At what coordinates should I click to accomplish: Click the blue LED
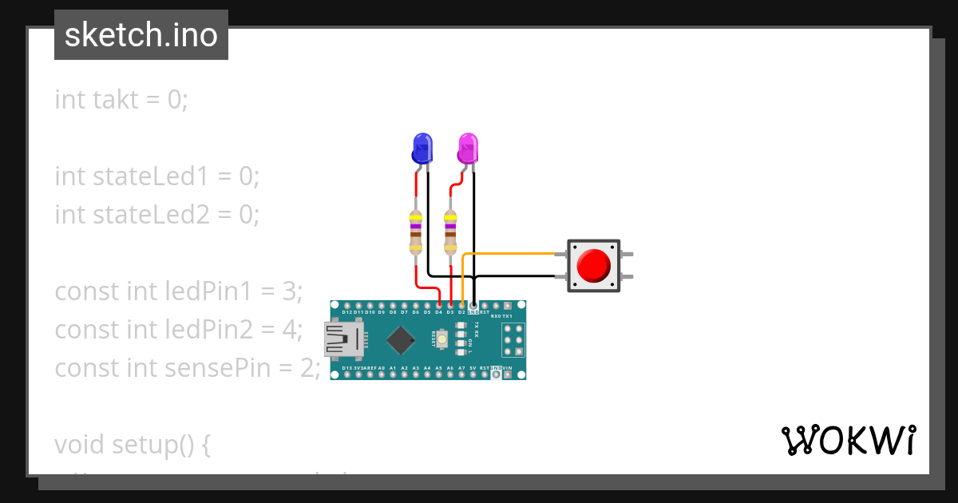(422, 149)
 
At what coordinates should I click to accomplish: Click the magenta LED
(469, 149)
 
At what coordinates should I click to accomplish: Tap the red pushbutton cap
(592, 265)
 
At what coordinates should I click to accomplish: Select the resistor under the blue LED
(416, 232)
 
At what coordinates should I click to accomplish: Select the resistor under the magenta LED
(450, 232)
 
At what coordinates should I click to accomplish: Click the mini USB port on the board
(341, 339)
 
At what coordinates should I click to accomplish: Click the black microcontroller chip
(400, 340)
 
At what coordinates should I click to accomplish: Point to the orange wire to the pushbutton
(511, 254)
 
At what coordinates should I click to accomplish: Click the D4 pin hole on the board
(439, 305)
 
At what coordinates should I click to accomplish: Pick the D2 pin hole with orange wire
(462, 305)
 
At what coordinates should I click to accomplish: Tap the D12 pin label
(347, 312)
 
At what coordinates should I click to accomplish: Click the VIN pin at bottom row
(508, 374)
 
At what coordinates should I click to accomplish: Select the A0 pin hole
(382, 374)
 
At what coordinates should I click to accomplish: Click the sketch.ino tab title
(141, 35)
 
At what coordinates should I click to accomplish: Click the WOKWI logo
(848, 440)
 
